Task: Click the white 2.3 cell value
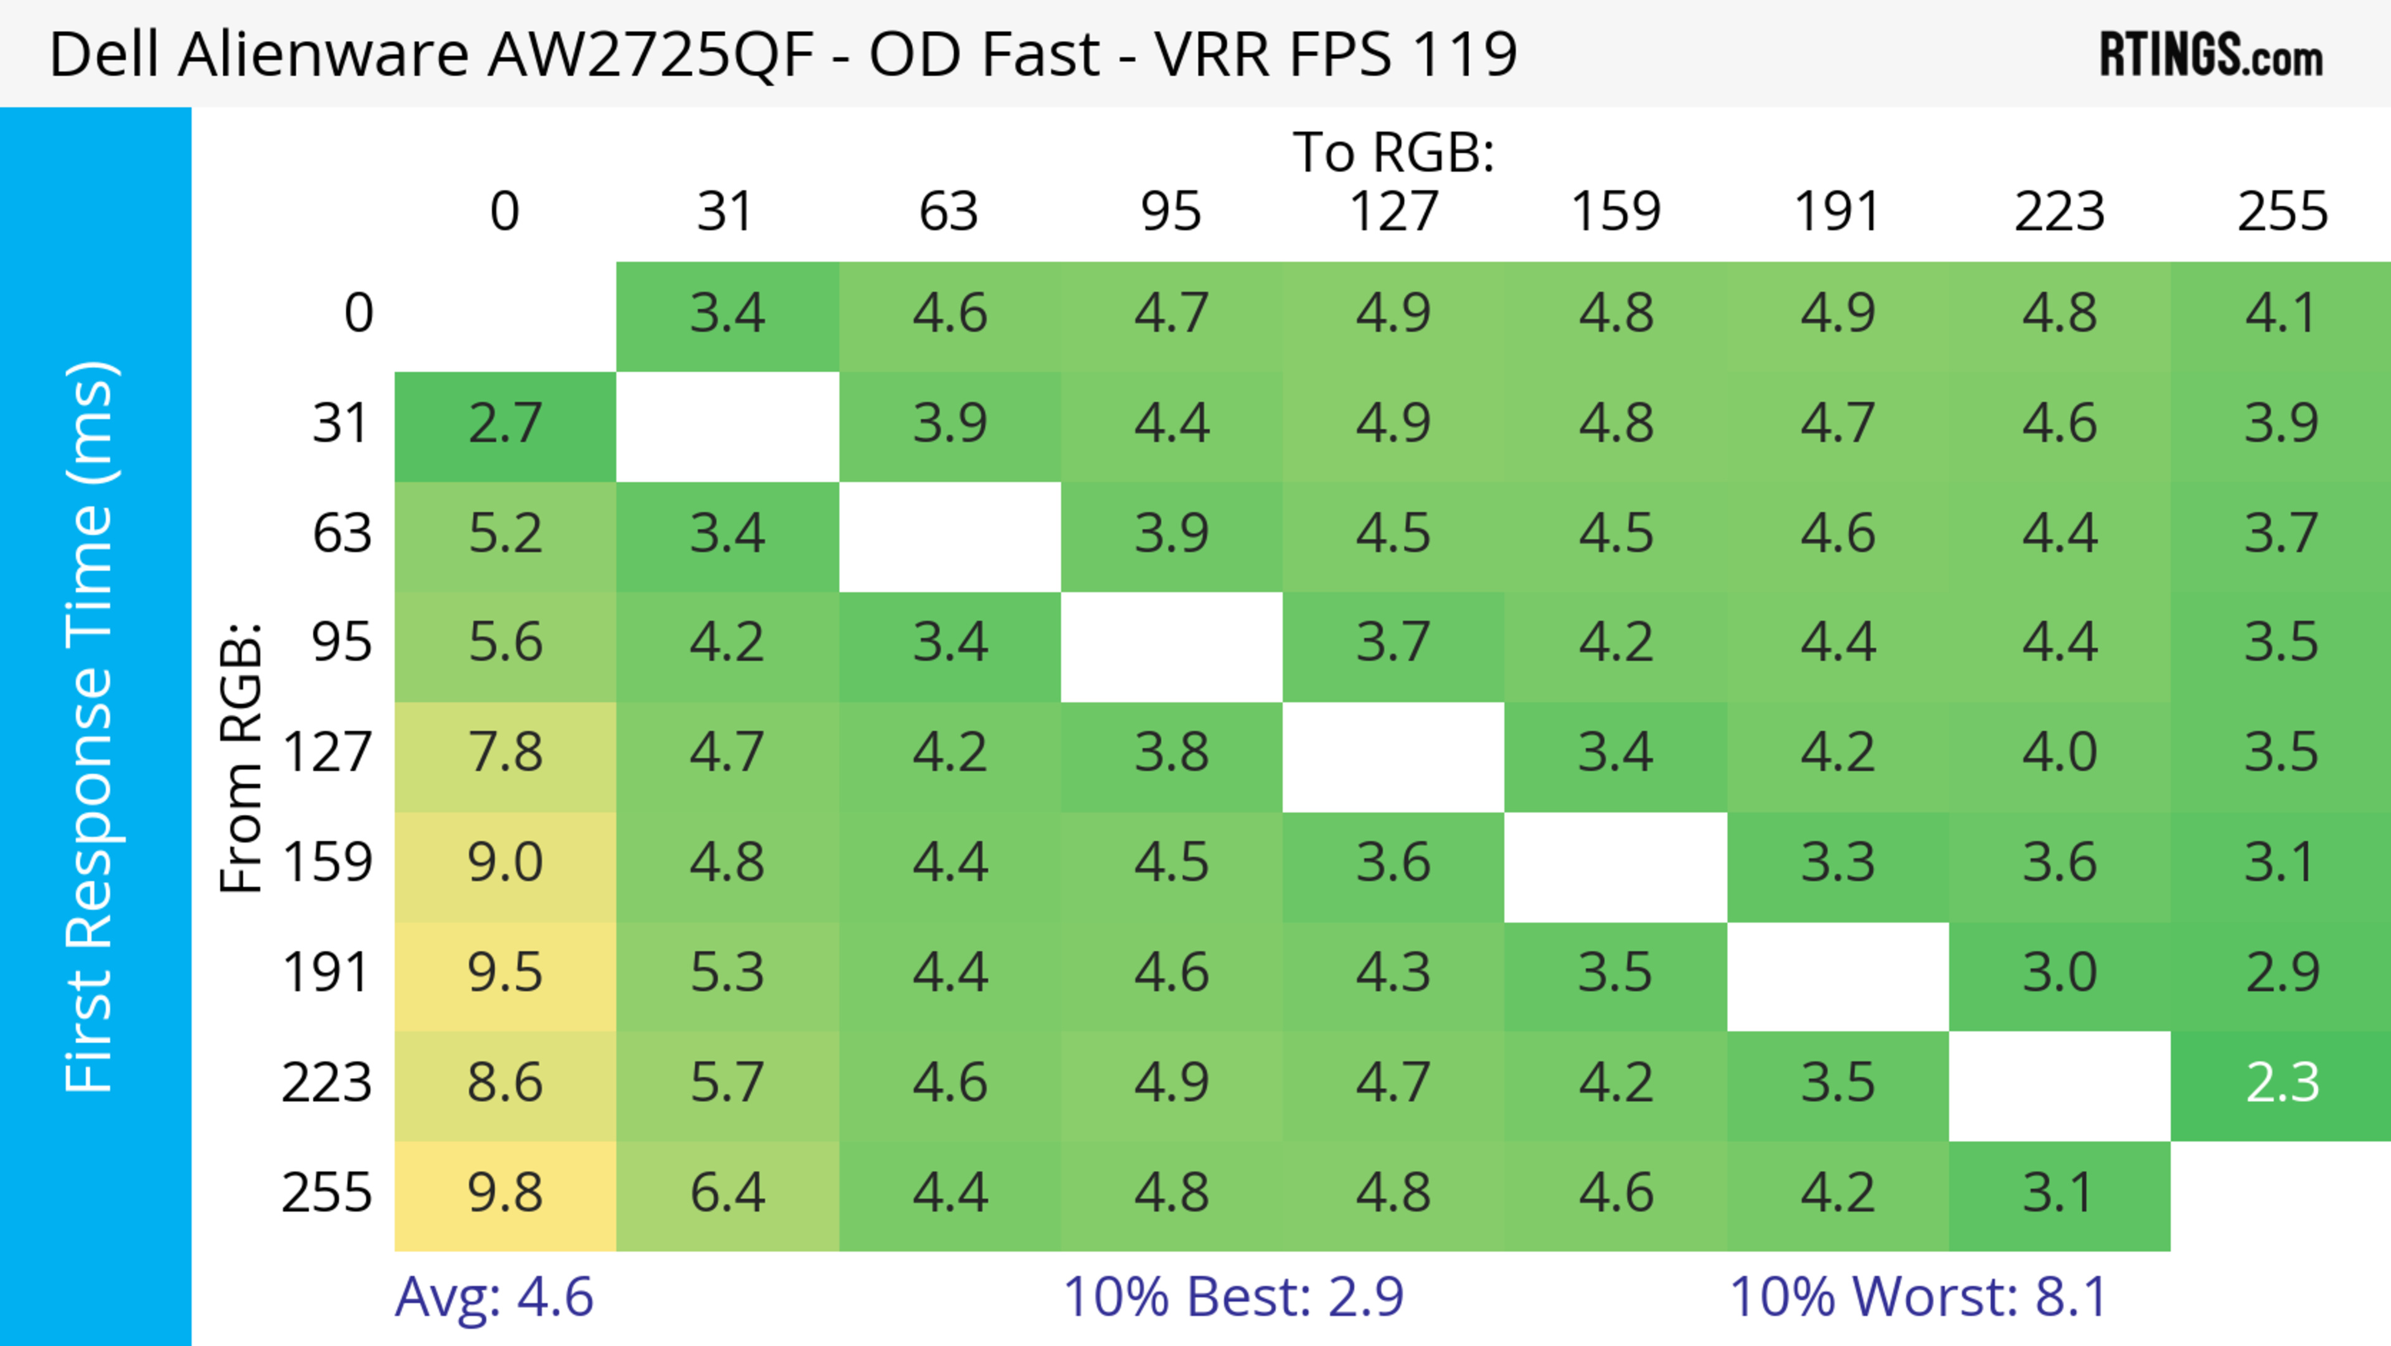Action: [x=2281, y=1083]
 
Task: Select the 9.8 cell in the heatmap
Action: [x=505, y=1193]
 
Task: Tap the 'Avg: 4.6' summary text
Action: [x=494, y=1297]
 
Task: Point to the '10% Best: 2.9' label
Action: [x=1233, y=1297]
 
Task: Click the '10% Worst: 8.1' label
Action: [x=1918, y=1297]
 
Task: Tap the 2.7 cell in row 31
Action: [x=505, y=424]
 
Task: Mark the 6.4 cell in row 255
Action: [x=727, y=1193]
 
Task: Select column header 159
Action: [x=1615, y=212]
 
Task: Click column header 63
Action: [x=948, y=212]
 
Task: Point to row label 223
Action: [x=327, y=1083]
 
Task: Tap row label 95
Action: [x=342, y=642]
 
